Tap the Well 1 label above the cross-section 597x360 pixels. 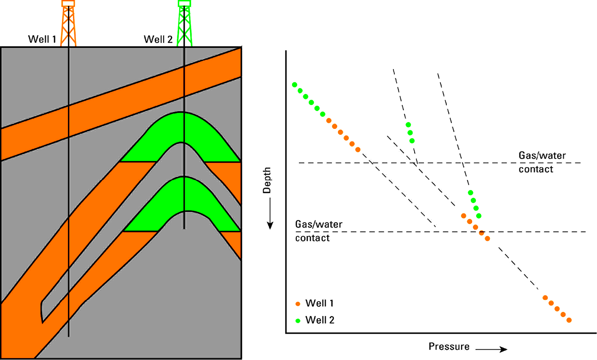42,39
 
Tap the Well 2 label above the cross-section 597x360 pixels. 158,39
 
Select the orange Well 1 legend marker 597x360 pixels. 298,304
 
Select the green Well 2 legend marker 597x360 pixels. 298,321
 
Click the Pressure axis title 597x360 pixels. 449,347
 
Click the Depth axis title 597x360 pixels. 267,180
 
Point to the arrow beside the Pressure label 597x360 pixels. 491,349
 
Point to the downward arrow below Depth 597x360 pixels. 270,214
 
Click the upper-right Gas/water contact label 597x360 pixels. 542,162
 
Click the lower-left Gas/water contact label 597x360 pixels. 318,231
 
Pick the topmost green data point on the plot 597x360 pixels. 295,85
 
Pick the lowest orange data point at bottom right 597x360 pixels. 569,320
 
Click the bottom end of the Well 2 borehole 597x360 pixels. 184,228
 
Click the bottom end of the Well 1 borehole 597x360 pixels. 69,336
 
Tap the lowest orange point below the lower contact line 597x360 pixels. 488,239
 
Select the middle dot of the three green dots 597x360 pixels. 410,133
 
